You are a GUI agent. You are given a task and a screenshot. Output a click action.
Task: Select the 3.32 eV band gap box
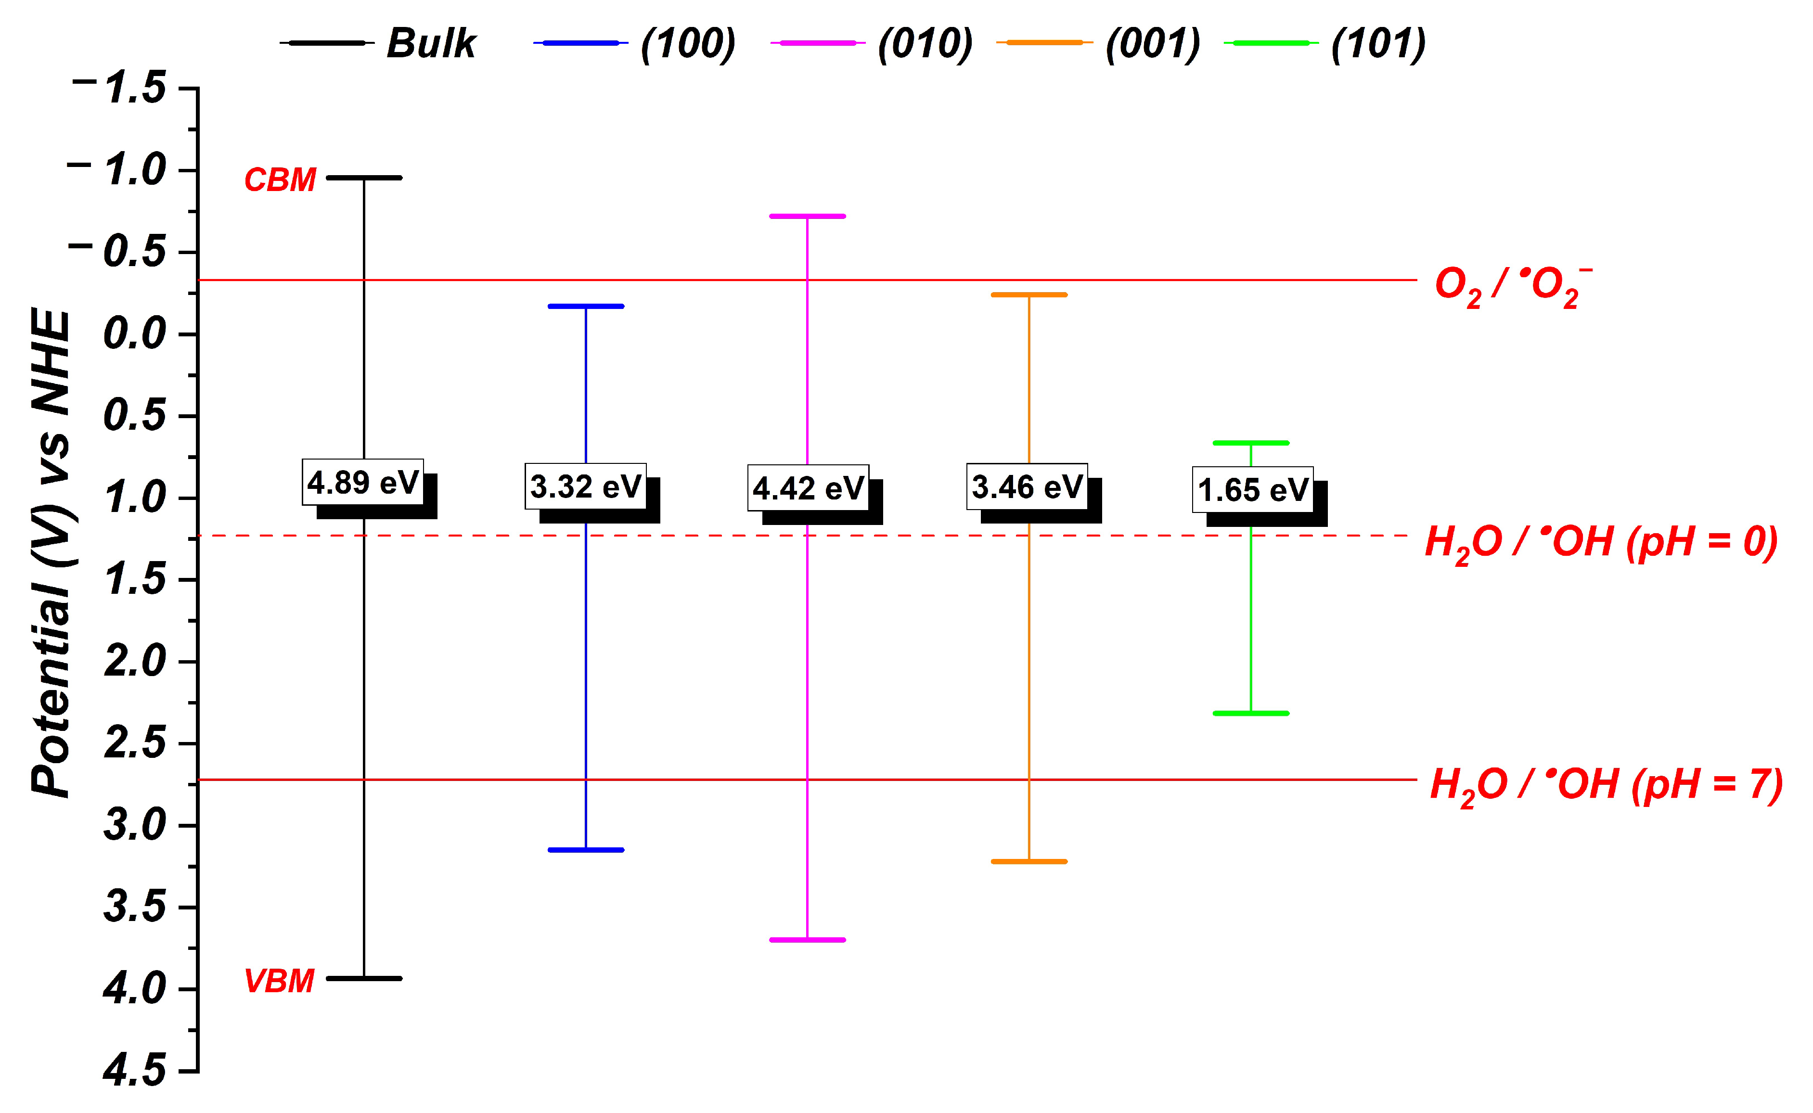pyautogui.click(x=585, y=486)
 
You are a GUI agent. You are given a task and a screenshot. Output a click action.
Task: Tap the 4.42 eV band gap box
pyautogui.click(x=808, y=488)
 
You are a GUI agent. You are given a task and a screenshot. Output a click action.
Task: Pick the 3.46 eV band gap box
pyautogui.click(x=1027, y=486)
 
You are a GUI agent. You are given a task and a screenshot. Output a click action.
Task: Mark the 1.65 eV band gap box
pyautogui.click(x=1252, y=489)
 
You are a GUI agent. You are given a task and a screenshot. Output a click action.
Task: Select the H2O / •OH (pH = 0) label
pyautogui.click(x=1601, y=543)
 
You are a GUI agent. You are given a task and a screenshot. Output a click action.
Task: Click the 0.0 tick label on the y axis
pyautogui.click(x=135, y=334)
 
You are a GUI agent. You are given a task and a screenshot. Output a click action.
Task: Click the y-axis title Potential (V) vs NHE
pyautogui.click(x=51, y=552)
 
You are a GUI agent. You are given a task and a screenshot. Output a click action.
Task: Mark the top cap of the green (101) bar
pyautogui.click(x=1251, y=443)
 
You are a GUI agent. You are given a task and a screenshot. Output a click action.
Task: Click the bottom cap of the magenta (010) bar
pyautogui.click(x=808, y=940)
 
